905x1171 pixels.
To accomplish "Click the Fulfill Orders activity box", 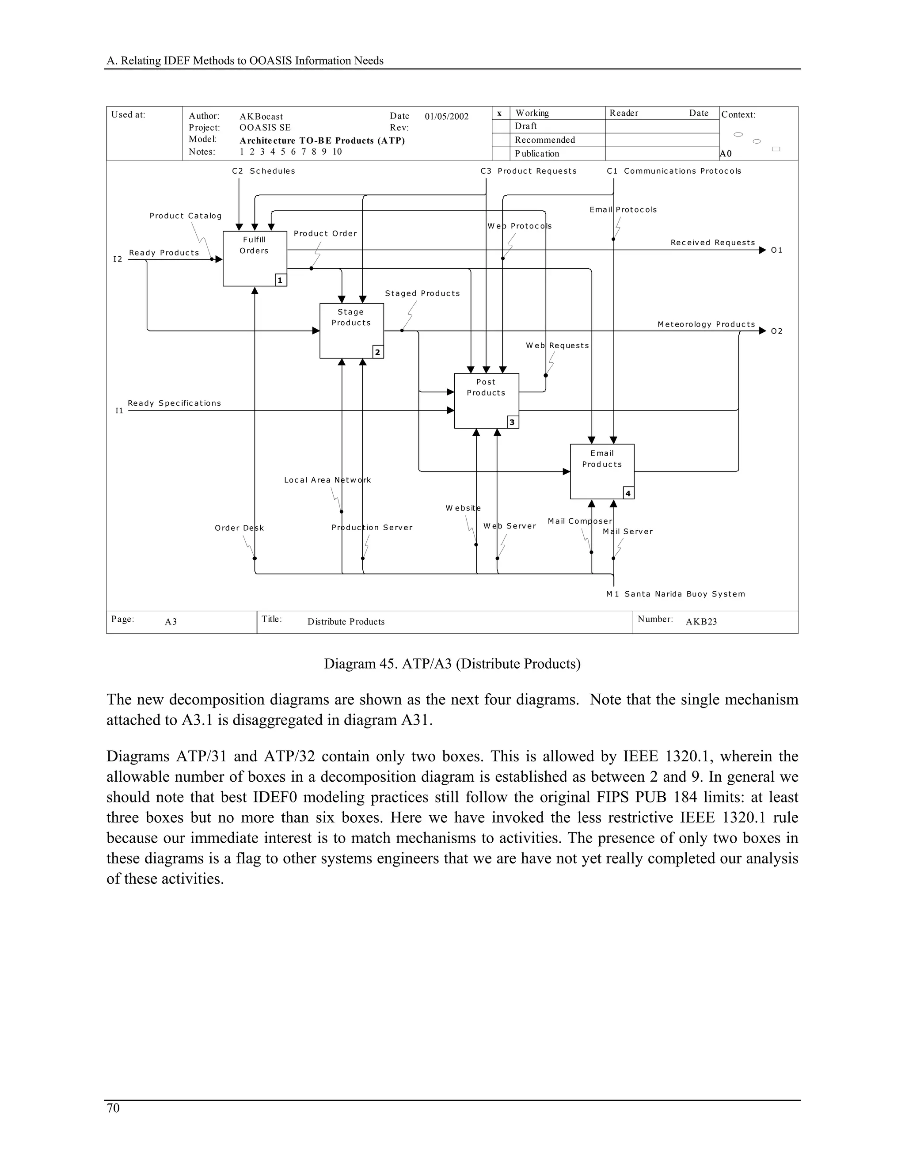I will tap(255, 259).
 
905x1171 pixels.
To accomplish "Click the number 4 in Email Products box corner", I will tap(628, 493).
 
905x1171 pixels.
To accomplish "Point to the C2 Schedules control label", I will tap(263, 171).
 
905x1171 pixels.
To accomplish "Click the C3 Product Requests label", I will tap(528, 171).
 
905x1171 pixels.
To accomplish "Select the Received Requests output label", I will tap(712, 243).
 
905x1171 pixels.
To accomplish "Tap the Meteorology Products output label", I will tap(706, 324).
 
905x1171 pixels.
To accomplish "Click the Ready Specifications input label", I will tap(174, 403).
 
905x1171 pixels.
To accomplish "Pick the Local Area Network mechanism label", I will tap(327, 480).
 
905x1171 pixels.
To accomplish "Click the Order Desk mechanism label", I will tap(239, 528).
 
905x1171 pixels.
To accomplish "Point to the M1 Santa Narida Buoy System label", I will tap(676, 594).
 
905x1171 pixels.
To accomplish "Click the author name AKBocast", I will tap(261, 116).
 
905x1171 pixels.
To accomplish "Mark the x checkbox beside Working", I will tap(500, 113).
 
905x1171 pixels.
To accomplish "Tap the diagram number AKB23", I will tap(701, 622).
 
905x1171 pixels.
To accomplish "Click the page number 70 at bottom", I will tap(113, 1108).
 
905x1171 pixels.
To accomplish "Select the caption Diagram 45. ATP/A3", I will tap(452, 664).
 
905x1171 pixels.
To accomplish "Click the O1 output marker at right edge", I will tap(776, 251).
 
